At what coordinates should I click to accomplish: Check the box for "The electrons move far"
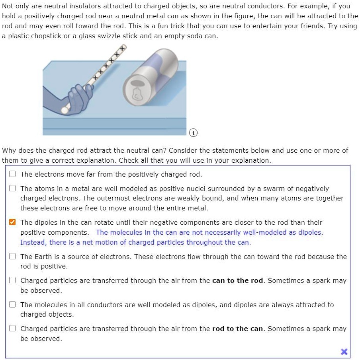(13, 174)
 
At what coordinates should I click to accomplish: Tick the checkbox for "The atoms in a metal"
(13, 189)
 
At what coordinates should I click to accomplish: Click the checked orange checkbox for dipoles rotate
(13, 222)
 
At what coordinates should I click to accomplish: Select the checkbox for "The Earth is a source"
(13, 257)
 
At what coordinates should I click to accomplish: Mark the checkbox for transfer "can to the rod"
(13, 280)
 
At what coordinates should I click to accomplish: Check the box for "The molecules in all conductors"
(13, 305)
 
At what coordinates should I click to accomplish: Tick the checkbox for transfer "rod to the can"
(13, 329)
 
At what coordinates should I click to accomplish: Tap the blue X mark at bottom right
(344, 351)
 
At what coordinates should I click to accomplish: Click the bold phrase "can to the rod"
(238, 280)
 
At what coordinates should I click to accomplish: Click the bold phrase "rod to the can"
(238, 329)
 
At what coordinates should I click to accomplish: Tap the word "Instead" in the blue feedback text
(33, 242)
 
